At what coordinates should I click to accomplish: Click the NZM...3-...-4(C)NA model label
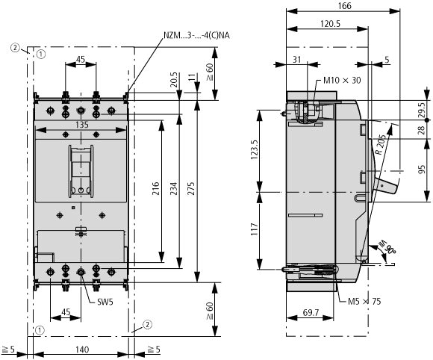click(196, 36)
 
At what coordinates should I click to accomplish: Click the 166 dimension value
click(344, 6)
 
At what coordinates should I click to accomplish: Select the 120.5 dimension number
click(330, 24)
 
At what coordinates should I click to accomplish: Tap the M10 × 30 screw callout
click(342, 81)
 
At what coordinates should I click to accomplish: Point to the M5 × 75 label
click(364, 301)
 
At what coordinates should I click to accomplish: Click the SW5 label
click(105, 302)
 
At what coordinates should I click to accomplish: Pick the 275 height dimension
click(191, 188)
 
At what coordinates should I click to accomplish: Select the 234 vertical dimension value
click(173, 188)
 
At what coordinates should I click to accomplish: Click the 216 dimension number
click(156, 188)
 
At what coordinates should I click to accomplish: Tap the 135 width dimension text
click(82, 125)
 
